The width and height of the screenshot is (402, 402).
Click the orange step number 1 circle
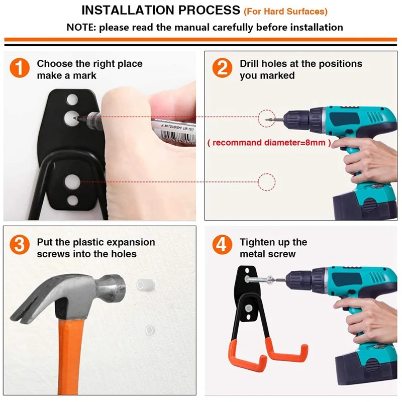pyautogui.click(x=20, y=68)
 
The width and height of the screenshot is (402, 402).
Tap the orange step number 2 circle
pyautogui.click(x=222, y=68)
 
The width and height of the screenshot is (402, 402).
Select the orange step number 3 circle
pyautogui.click(x=20, y=245)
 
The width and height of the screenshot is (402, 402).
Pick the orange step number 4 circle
pyautogui.click(x=222, y=245)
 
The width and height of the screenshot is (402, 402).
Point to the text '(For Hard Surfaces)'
pyautogui.click(x=285, y=12)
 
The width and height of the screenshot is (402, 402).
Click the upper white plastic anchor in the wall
pyautogui.click(x=145, y=285)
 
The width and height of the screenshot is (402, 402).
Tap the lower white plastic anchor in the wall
pyautogui.click(x=150, y=330)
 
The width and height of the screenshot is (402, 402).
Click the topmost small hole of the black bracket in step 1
pyautogui.click(x=72, y=99)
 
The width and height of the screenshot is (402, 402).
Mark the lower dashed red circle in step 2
pyautogui.click(x=267, y=182)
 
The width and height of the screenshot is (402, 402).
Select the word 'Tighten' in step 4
pyautogui.click(x=257, y=242)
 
